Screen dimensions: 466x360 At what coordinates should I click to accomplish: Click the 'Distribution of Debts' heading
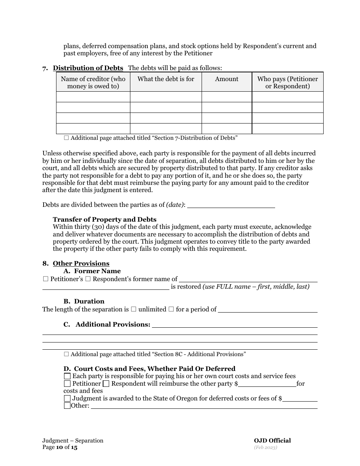pyautogui.click(x=88, y=68)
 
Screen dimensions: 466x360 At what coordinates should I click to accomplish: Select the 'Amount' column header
pyautogui.click(x=227, y=79)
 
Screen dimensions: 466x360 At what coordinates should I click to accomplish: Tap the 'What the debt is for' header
pyautogui.click(x=166, y=79)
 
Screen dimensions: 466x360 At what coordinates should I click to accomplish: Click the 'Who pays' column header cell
pyautogui.click(x=288, y=83)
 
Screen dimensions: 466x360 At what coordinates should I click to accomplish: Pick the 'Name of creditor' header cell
pyautogui.click(x=93, y=83)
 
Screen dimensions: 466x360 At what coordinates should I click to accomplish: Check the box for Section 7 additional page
pyautogui.click(x=67, y=138)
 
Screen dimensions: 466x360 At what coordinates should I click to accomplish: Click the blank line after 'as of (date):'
pyautogui.click(x=231, y=205)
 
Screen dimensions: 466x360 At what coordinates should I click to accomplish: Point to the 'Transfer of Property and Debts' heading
pyautogui.click(x=105, y=220)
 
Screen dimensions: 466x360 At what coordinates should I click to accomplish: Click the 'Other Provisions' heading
pyautogui.click(x=81, y=264)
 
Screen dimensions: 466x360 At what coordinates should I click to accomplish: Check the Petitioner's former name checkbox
pyautogui.click(x=45, y=279)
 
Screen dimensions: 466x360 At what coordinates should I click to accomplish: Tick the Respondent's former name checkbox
pyautogui.click(x=88, y=279)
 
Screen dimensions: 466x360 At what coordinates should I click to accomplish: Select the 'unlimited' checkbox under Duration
pyautogui.click(x=133, y=310)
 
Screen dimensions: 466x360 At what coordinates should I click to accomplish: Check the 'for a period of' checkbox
pyautogui.click(x=171, y=310)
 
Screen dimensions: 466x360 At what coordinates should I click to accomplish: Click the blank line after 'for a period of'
pyautogui.click(x=268, y=310)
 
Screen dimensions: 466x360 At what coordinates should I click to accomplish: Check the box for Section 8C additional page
pyautogui.click(x=67, y=354)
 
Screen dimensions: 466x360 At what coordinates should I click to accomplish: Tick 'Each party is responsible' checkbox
pyautogui.click(x=67, y=376)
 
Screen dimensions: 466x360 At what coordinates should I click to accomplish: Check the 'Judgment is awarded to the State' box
pyautogui.click(x=67, y=399)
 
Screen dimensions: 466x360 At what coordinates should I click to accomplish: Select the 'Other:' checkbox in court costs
pyautogui.click(x=67, y=406)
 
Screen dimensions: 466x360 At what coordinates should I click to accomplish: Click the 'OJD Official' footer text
pyautogui.click(x=272, y=441)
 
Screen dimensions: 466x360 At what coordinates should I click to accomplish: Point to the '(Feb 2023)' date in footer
pyautogui.click(x=266, y=447)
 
